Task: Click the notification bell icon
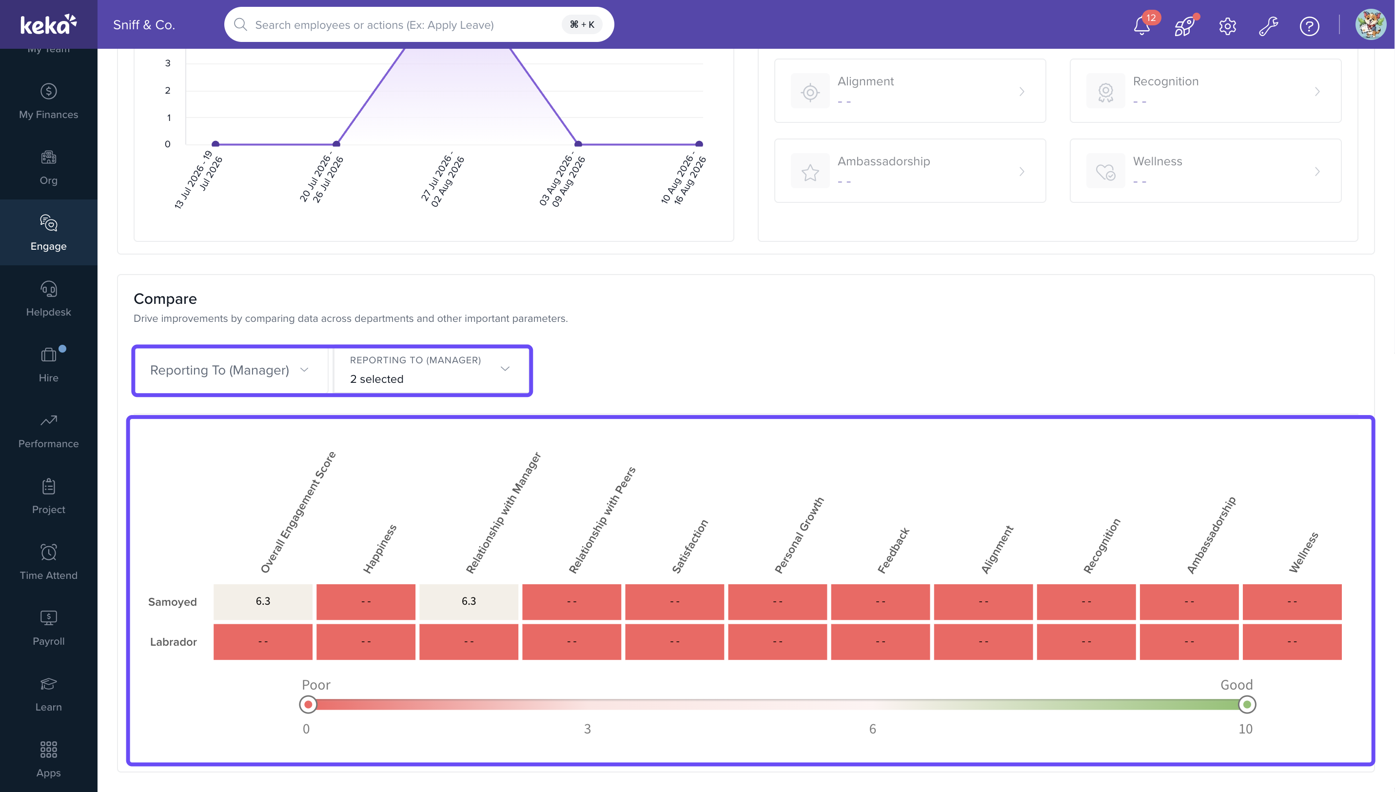[1142, 25]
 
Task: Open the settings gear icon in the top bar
[1227, 25]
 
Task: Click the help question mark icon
[1309, 25]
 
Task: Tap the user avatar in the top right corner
[1371, 24]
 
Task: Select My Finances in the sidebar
[48, 101]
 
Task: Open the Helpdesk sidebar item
[48, 298]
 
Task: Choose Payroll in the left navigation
[48, 628]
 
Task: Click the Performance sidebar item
[48, 430]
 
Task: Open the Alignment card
[910, 90]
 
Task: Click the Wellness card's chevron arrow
[1317, 171]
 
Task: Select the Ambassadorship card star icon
[810, 173]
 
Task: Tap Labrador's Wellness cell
[1292, 642]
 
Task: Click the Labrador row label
[173, 642]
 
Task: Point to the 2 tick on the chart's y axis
[168, 90]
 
